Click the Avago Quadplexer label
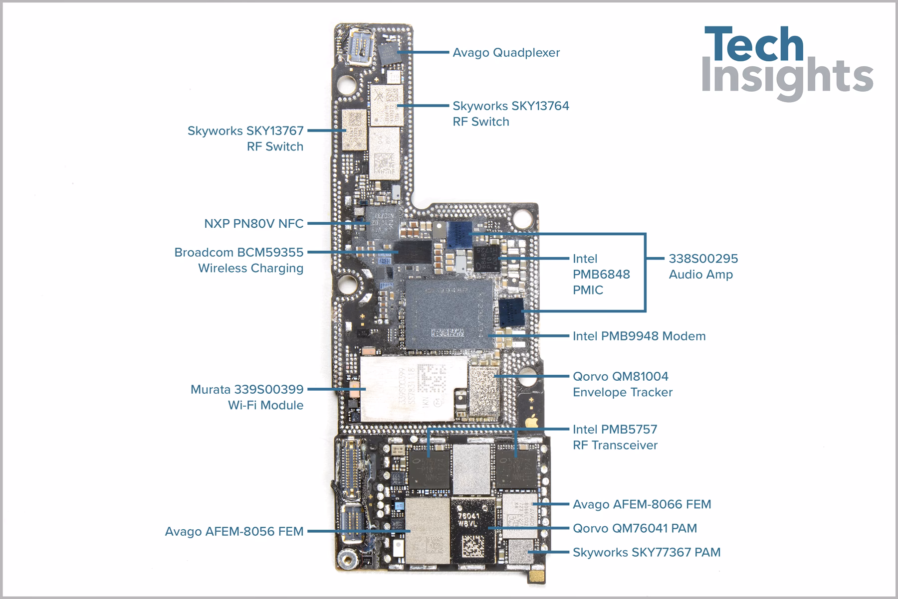tap(506, 53)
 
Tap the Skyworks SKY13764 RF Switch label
tap(510, 114)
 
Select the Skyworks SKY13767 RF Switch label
tap(245, 139)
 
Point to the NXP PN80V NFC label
tap(253, 224)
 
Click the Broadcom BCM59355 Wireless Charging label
tap(239, 260)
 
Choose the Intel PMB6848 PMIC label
tap(601, 274)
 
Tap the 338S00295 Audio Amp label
tap(703, 266)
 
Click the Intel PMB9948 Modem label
tap(639, 336)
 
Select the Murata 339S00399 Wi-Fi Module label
tap(247, 397)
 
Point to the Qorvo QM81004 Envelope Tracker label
tap(622, 384)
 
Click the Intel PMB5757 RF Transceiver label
tap(615, 437)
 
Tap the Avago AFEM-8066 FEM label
tap(642, 504)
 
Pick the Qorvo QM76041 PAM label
tap(635, 528)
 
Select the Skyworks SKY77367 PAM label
tap(646, 552)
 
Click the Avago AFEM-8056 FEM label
tap(234, 532)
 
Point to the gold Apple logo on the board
tap(532, 421)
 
